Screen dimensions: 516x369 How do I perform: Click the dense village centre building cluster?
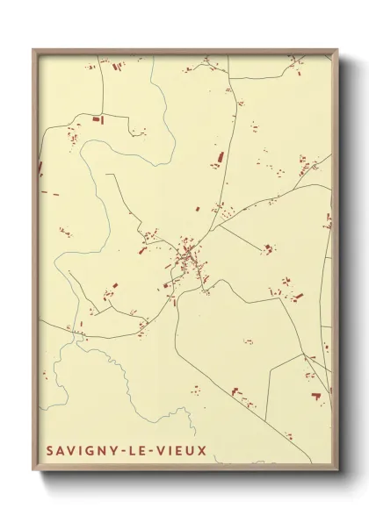(187, 255)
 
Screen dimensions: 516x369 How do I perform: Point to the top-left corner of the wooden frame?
(33, 49)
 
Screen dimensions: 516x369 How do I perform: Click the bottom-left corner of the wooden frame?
(33, 471)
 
